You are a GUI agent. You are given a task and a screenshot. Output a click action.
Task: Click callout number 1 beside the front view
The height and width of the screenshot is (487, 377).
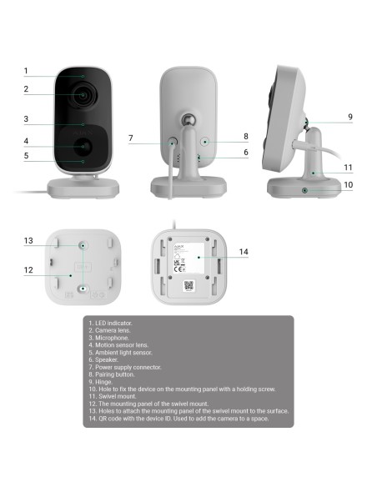coord(26,71)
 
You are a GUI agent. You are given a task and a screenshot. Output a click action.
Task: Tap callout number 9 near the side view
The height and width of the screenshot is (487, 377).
coord(350,116)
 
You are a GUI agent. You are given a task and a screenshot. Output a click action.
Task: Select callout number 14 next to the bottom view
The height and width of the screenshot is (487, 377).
coord(244,252)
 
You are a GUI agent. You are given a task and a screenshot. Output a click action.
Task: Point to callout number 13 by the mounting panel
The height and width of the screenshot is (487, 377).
coord(28,241)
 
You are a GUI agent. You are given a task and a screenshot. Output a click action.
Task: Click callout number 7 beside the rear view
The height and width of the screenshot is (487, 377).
coord(131,138)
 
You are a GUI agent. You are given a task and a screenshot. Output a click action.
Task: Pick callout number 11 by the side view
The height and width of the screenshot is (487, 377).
coord(349,167)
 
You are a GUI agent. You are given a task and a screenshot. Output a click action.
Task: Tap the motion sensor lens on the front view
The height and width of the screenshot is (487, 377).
coord(84,146)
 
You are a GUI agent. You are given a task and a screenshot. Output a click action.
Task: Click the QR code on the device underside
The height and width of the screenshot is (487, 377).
coord(188,286)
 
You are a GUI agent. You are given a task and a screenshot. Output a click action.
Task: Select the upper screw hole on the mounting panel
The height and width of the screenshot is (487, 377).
coord(83,246)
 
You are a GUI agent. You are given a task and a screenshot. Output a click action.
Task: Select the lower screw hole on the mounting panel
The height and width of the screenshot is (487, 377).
coord(83,289)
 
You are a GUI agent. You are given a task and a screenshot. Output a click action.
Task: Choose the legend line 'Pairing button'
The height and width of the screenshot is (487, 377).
coord(113,374)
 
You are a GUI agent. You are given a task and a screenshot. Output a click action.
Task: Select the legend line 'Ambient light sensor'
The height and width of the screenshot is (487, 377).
coord(120,352)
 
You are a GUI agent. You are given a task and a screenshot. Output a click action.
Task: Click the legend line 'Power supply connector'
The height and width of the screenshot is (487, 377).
coord(124,367)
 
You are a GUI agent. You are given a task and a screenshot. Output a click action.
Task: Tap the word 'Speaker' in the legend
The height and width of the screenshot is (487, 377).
coord(105,359)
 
